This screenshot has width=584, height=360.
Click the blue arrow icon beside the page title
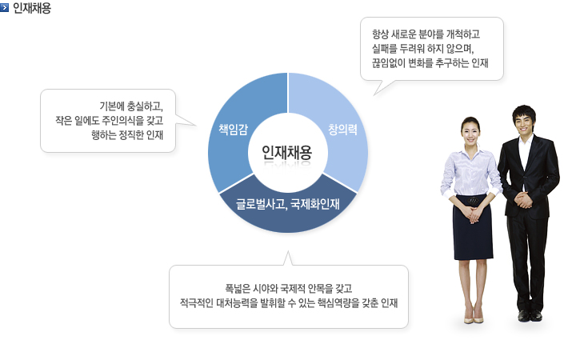(5, 7)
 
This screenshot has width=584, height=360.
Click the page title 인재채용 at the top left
(32, 8)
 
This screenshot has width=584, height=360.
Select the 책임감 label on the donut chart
(233, 129)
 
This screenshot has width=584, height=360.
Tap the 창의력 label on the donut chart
(342, 130)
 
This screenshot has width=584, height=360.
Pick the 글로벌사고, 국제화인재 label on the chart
(287, 204)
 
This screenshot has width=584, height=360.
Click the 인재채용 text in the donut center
(286, 152)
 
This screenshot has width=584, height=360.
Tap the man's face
(524, 121)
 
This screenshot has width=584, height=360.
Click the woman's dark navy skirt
(472, 228)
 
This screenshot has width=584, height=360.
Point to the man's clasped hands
(525, 200)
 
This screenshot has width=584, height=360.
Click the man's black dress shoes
(530, 315)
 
